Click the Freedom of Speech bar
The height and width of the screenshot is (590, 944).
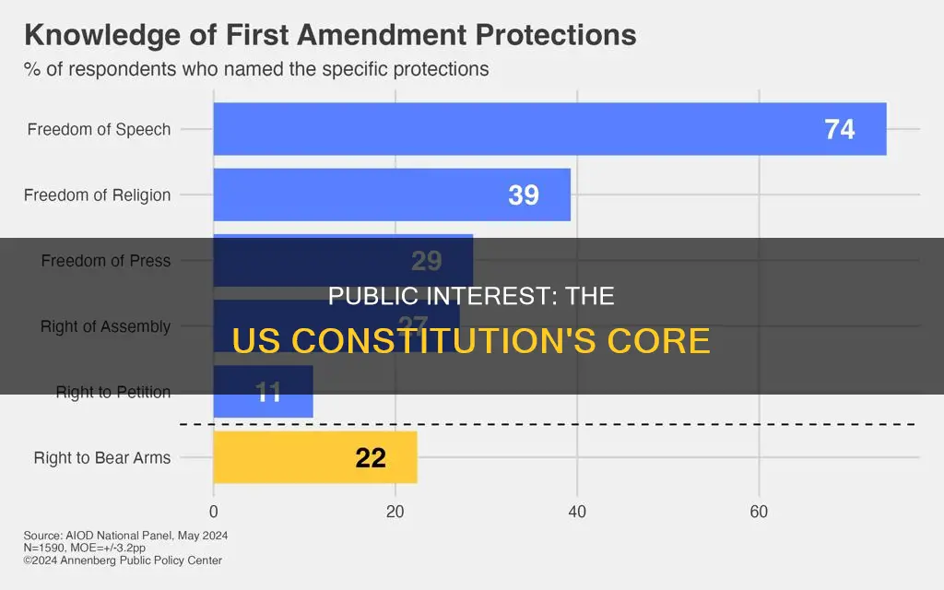pos(549,129)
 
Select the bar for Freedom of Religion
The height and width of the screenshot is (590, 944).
pos(392,195)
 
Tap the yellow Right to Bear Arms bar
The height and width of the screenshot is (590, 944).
pos(314,457)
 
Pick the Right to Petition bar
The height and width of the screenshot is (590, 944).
pos(263,392)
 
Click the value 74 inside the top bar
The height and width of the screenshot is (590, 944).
pos(839,130)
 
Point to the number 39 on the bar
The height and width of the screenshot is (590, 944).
pos(523,195)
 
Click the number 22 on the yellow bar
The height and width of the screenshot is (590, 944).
pos(371,458)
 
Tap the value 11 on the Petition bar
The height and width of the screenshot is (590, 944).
pos(267,393)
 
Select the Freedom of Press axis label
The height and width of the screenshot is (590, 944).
pos(105,261)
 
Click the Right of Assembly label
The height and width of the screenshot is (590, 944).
pos(105,326)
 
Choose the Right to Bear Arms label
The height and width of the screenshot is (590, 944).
pos(101,457)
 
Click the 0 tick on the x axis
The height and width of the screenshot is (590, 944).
pos(214,512)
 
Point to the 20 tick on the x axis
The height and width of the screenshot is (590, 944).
pos(395,512)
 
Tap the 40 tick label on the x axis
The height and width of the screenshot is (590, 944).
pos(577,512)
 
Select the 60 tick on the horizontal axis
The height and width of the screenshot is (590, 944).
pos(759,512)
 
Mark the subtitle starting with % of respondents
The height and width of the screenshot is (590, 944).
pos(256,69)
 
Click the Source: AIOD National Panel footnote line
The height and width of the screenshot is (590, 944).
pos(126,536)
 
